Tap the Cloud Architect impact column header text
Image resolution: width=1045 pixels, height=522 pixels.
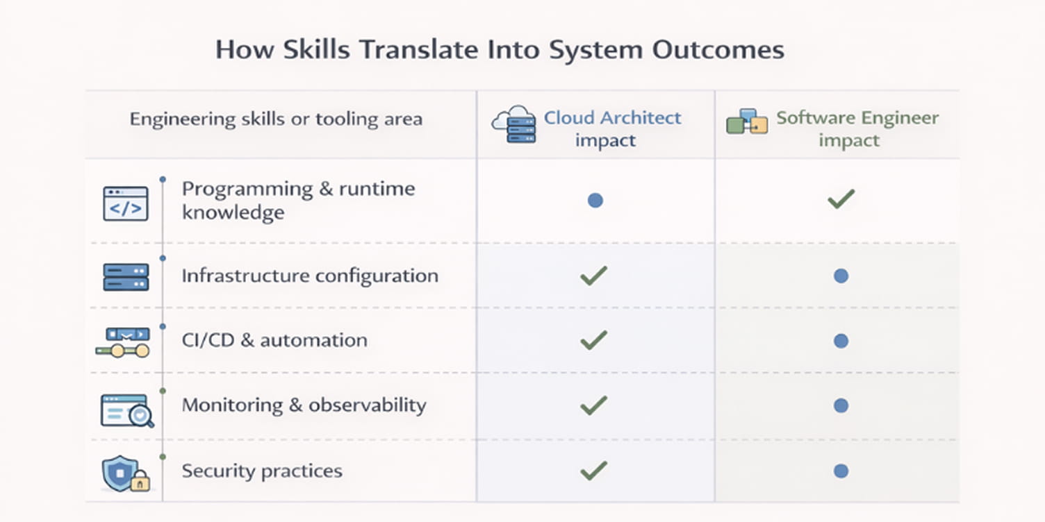tap(612, 128)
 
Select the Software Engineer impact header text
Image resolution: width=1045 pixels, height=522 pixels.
tap(857, 128)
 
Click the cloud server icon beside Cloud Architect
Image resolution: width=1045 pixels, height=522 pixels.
tap(514, 124)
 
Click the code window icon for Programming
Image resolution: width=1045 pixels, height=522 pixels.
tap(126, 203)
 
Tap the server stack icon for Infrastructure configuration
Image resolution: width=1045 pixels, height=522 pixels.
tap(126, 276)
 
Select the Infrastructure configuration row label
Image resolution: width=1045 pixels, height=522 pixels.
tap(310, 276)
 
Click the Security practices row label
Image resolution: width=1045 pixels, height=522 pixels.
tap(262, 471)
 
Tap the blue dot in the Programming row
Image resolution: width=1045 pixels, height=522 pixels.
tap(595, 201)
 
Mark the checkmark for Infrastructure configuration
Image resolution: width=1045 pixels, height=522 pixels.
tap(593, 276)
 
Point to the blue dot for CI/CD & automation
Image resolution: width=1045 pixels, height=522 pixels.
tap(841, 341)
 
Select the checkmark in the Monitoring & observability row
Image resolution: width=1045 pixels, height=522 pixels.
tap(593, 405)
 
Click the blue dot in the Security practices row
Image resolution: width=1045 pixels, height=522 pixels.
tap(841, 471)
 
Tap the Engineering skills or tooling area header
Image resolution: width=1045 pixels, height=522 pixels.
tap(276, 119)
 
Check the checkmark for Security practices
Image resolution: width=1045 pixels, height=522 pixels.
tap(593, 471)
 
